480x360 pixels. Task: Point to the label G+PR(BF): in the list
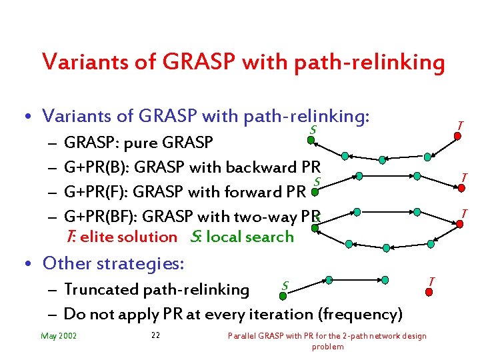pos(100,217)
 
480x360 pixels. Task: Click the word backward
pos(257,167)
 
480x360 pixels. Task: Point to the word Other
pos(67,263)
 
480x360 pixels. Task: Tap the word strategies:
pos(140,263)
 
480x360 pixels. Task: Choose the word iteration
pos(274,314)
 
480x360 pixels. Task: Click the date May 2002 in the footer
pos(59,335)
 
